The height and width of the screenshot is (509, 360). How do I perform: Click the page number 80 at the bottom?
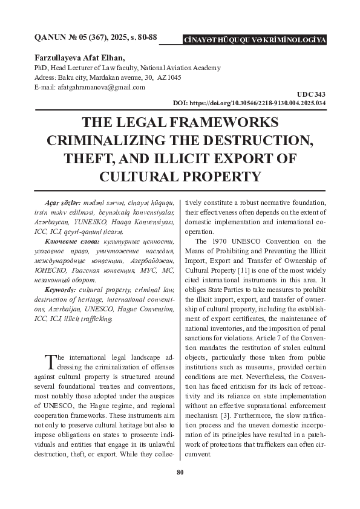coord(180,473)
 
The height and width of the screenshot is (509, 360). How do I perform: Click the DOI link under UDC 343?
coord(249,103)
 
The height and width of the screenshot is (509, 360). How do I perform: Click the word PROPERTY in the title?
coord(212,177)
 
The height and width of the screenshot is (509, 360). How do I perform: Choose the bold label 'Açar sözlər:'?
coord(56,201)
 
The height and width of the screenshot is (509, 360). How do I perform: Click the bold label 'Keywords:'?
coord(57,290)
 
